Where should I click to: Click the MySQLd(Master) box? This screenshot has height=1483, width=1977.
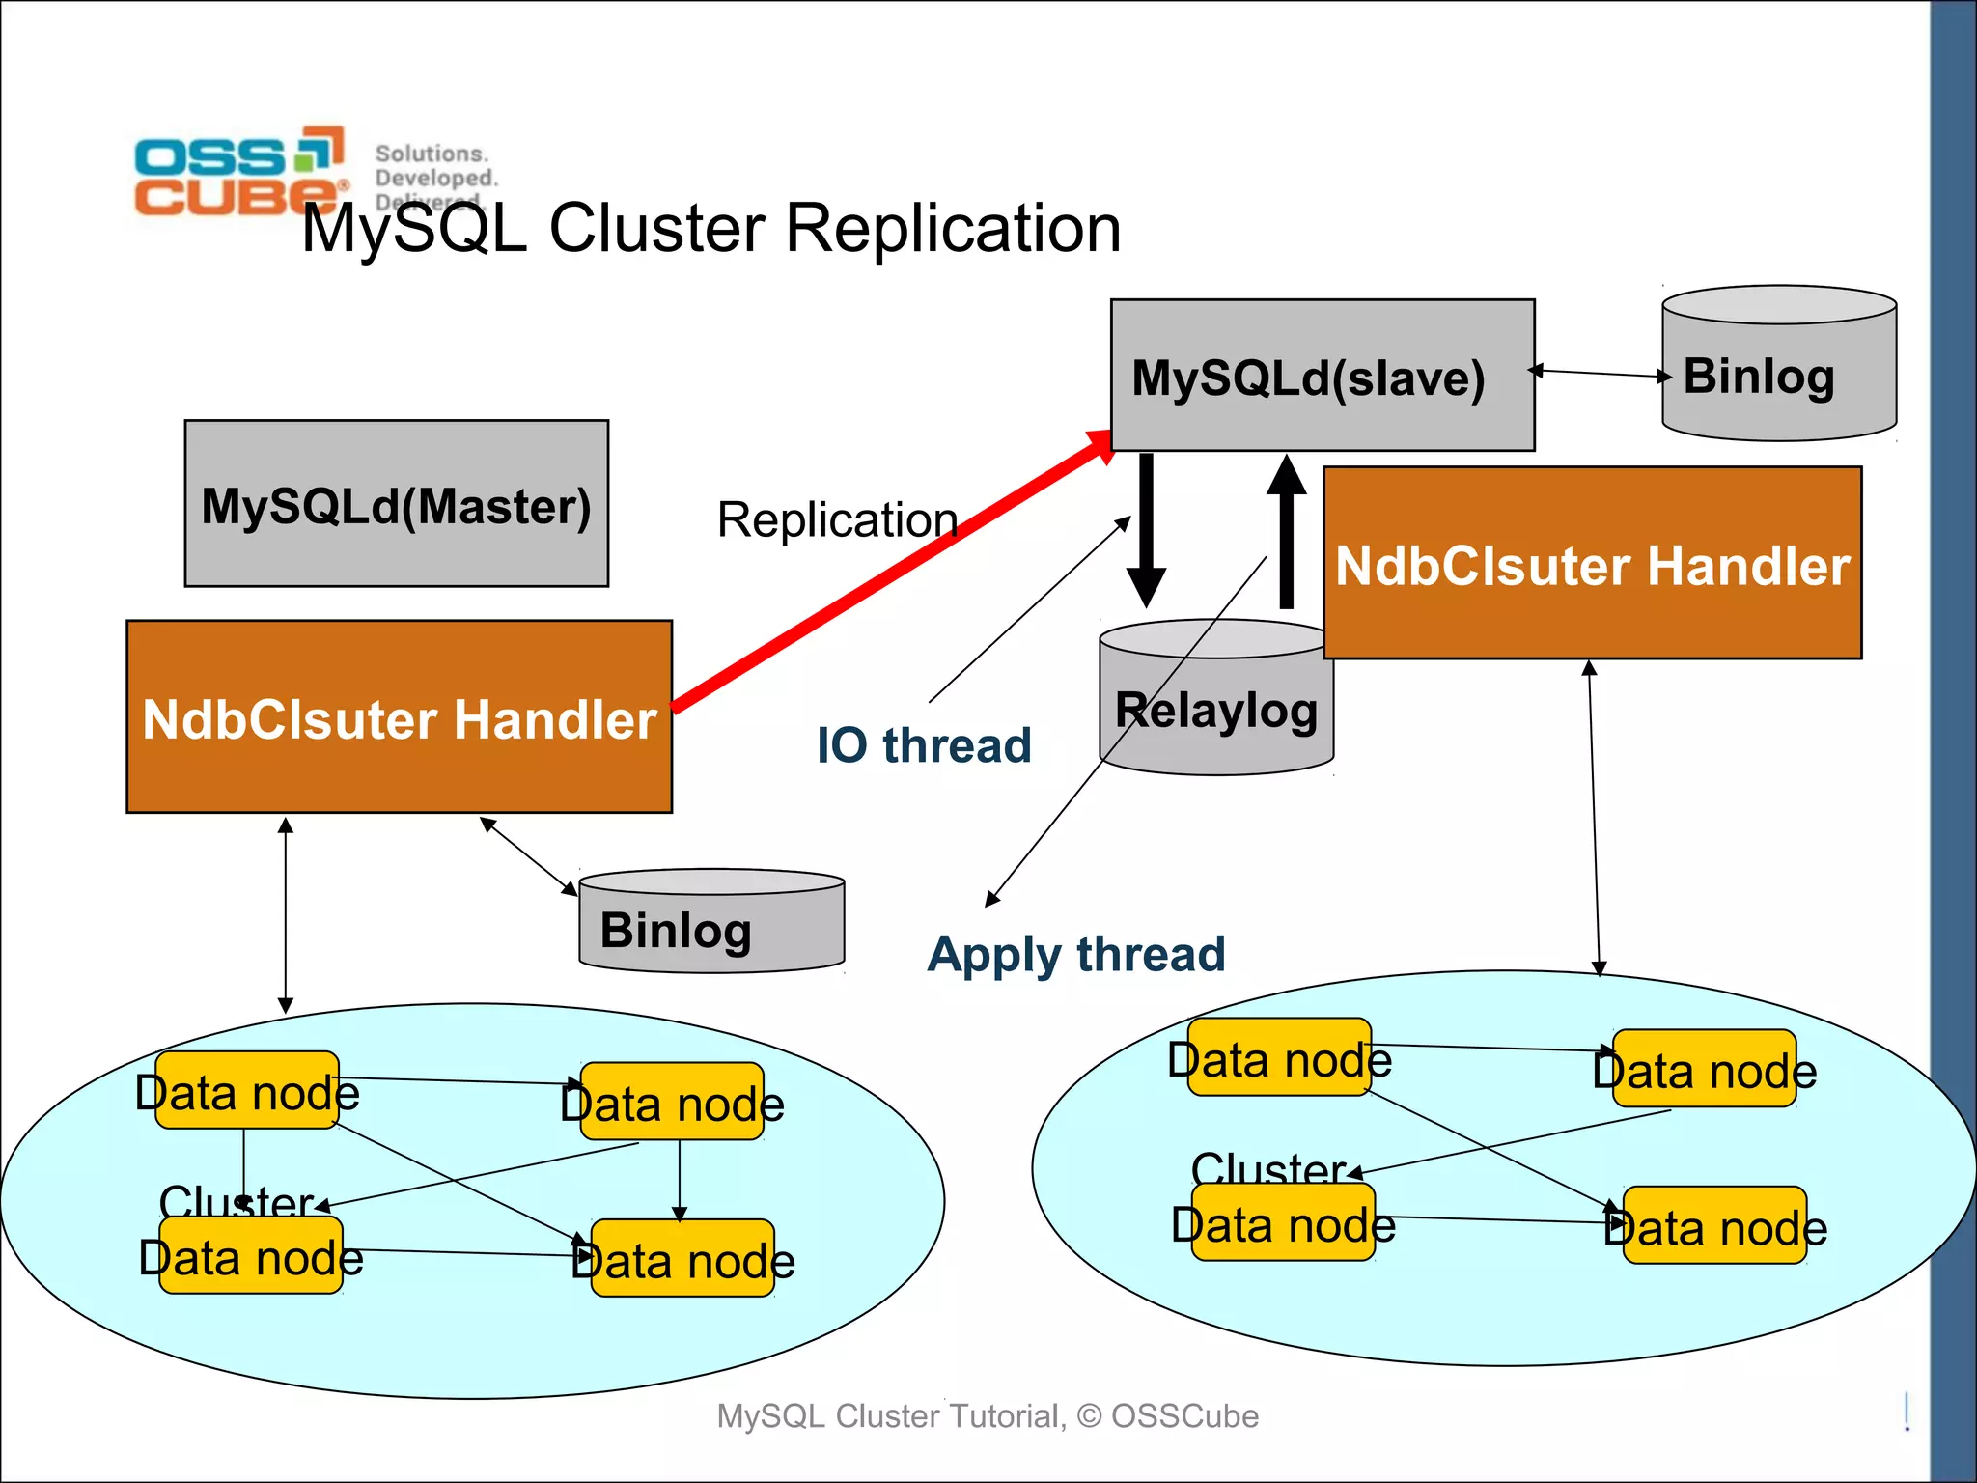pos(396,503)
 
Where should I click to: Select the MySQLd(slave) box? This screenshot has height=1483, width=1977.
pos(1322,376)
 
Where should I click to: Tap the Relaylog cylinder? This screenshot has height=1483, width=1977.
pos(1215,710)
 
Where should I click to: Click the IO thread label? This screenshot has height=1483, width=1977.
pos(924,745)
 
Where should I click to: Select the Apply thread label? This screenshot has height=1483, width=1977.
pos(1075,954)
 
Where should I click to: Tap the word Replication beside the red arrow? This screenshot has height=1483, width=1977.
pos(836,520)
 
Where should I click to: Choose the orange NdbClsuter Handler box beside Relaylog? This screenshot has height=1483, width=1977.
pos(1592,564)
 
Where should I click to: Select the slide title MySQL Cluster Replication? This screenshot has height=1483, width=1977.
pos(711,229)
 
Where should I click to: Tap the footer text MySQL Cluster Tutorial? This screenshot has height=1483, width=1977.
pos(987,1415)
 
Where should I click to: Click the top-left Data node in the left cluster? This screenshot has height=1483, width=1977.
pos(247,1091)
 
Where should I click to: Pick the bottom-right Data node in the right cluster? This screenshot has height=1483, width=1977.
pos(1714,1226)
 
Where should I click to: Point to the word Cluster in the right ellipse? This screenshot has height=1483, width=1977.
pos(1268,1168)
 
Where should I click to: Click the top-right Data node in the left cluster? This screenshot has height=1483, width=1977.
pos(672,1103)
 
